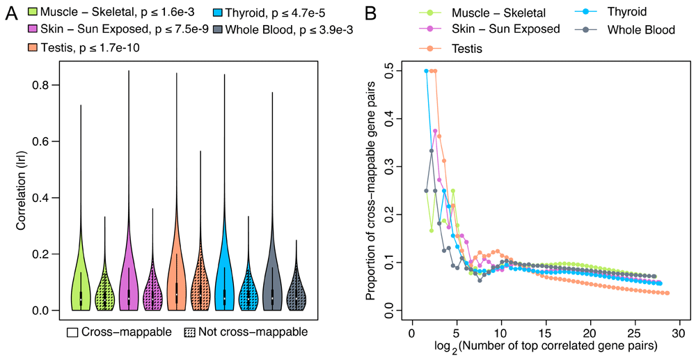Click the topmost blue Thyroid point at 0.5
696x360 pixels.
pos(426,71)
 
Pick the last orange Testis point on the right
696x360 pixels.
pos(667,293)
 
